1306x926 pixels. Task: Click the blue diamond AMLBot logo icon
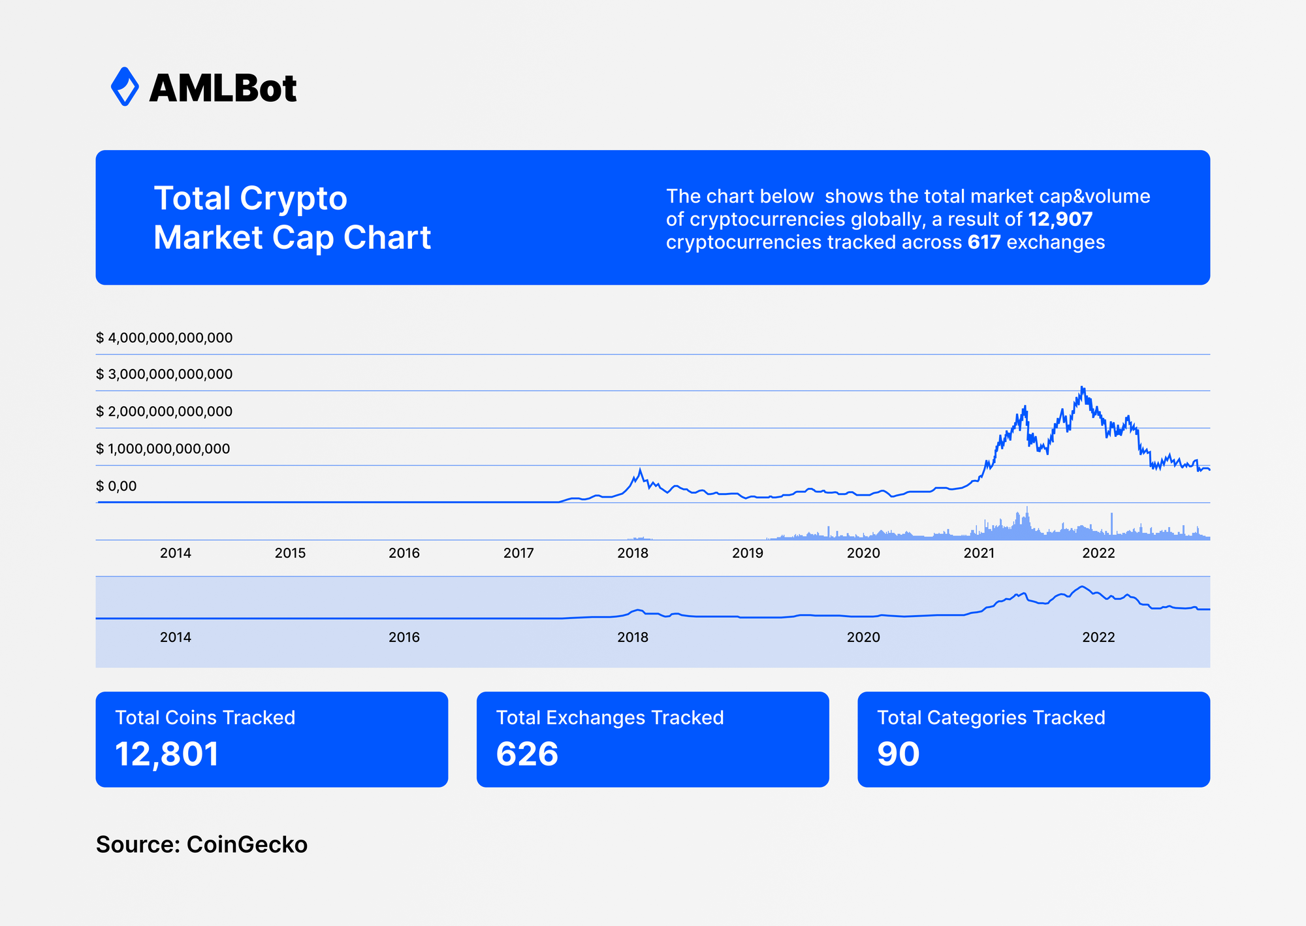125,86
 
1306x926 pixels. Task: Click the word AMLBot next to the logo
223,88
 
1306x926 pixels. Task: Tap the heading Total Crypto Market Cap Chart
292,217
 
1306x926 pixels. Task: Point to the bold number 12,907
1060,219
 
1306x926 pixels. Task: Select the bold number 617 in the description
984,242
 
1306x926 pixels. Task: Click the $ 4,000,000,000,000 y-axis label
164,338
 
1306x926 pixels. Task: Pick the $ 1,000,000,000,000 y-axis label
163,449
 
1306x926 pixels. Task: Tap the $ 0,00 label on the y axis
116,486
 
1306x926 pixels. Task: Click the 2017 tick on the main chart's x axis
518,553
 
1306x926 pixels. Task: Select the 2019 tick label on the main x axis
747,553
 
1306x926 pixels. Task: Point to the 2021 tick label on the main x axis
979,553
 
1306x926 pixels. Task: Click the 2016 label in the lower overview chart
404,637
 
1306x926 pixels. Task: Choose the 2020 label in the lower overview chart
863,637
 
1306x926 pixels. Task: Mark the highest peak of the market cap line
1082,388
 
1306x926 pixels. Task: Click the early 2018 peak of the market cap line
640,470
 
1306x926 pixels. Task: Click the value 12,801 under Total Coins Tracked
167,754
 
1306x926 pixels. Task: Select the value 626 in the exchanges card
527,754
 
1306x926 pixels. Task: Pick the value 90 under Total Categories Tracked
898,754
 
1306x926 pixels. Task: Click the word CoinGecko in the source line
247,844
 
